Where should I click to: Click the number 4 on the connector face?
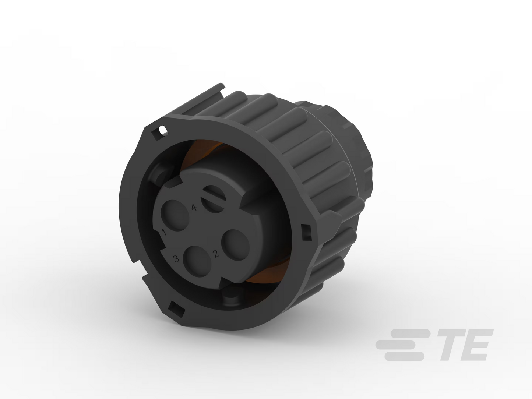click(x=194, y=207)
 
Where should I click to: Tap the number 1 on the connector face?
click(x=164, y=232)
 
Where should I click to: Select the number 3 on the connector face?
click(x=176, y=259)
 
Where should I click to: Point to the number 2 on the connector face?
click(x=216, y=254)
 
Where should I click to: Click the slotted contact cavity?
click(x=213, y=199)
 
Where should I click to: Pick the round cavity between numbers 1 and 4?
click(x=175, y=215)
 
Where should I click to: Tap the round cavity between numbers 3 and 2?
click(x=197, y=261)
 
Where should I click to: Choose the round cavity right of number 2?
click(x=235, y=245)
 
